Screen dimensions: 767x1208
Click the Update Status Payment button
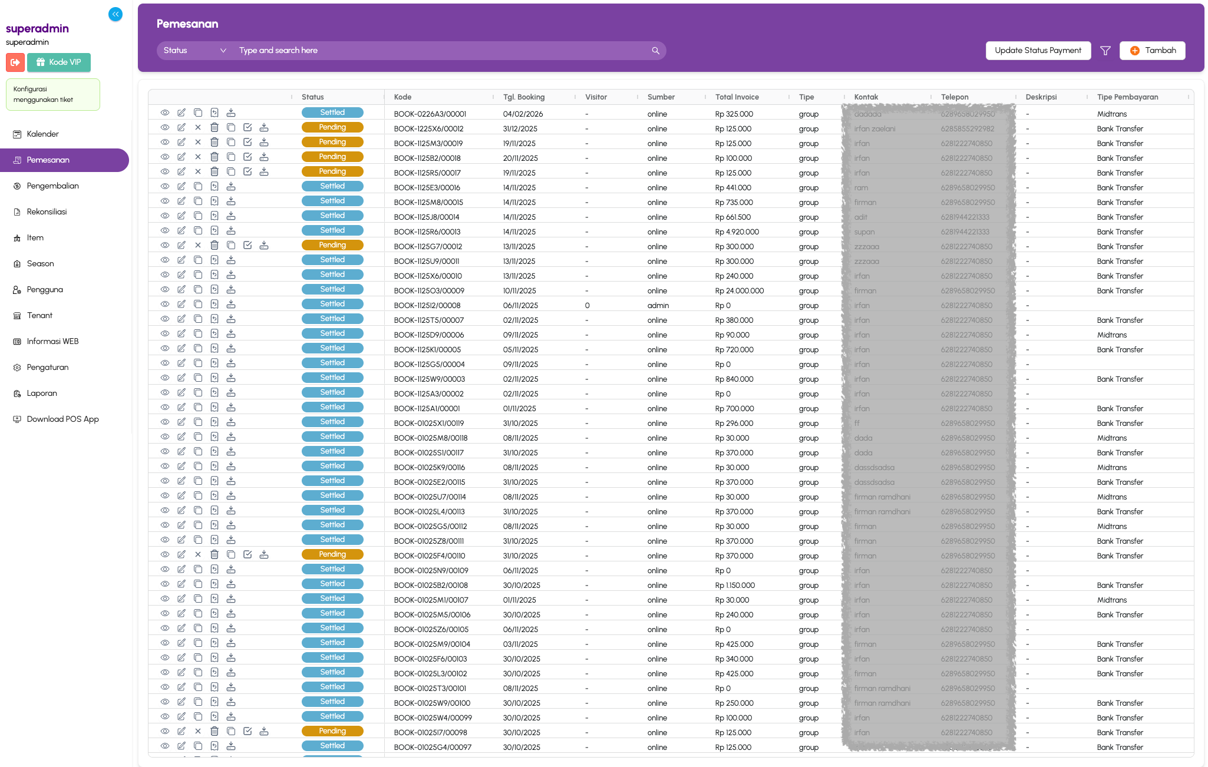point(1038,51)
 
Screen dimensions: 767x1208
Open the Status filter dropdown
point(194,51)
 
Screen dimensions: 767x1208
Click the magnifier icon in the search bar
point(655,51)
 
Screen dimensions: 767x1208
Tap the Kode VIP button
point(58,62)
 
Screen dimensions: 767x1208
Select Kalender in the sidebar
point(42,134)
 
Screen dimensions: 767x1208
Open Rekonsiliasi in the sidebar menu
point(47,212)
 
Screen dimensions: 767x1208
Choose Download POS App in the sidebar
point(62,419)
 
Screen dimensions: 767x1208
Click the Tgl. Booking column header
point(523,97)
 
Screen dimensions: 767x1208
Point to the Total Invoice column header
point(737,97)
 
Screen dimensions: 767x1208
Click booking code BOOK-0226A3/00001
point(430,114)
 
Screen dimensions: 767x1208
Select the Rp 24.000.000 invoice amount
point(739,291)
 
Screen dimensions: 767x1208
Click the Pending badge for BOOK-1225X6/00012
point(332,128)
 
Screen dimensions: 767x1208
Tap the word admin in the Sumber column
point(658,306)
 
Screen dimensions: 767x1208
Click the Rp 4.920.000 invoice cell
point(737,232)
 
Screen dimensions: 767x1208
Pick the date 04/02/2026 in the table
point(523,114)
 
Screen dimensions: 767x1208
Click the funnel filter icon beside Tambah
point(1105,51)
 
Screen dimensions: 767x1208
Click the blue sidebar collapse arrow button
point(115,14)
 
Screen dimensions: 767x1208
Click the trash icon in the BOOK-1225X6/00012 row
point(214,128)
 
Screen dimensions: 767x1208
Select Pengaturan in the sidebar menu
point(47,368)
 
